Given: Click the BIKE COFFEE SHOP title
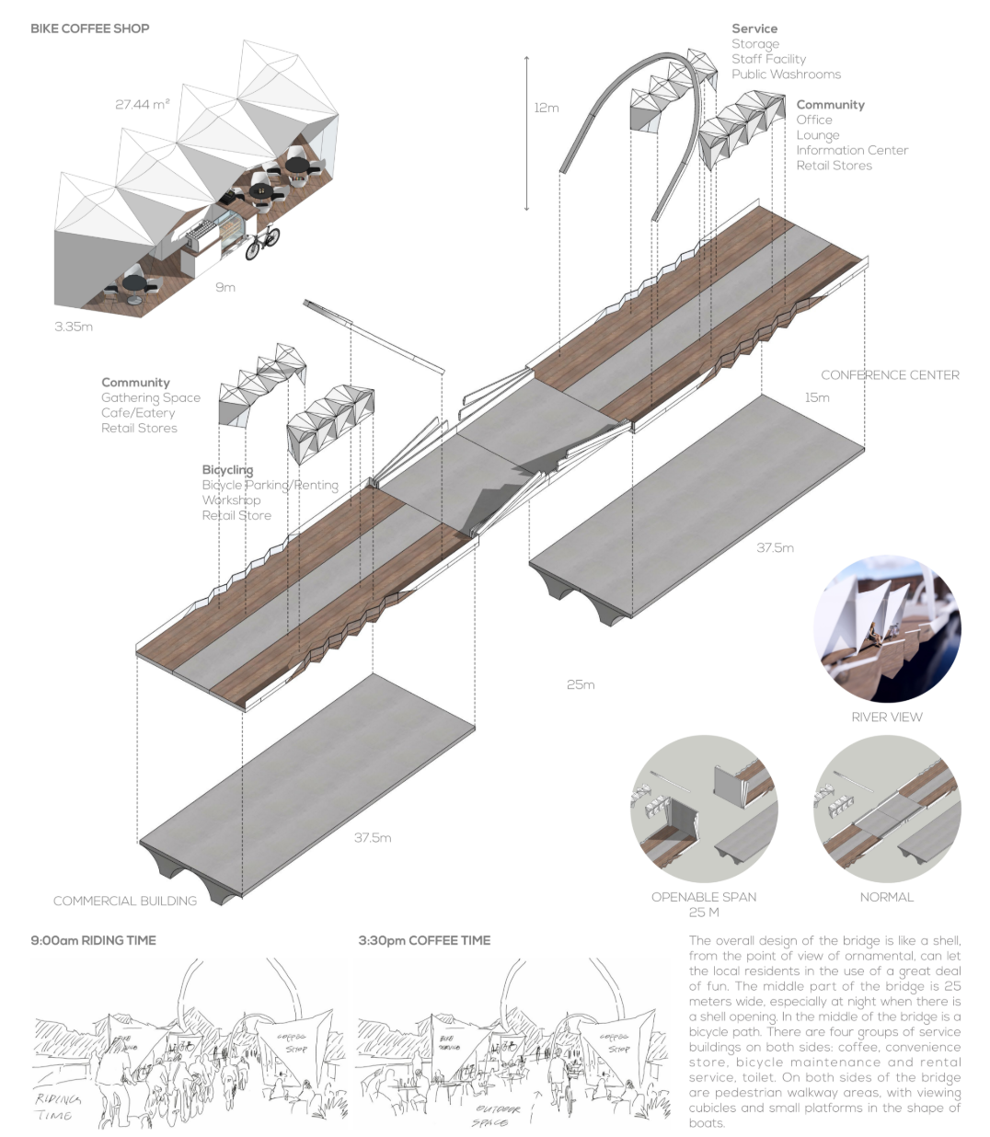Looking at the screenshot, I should click(x=89, y=28).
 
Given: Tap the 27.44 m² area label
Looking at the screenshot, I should click(x=142, y=105).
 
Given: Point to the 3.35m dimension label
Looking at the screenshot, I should click(x=73, y=327).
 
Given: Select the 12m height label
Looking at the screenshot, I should click(x=546, y=108).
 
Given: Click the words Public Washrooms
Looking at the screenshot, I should click(x=786, y=75).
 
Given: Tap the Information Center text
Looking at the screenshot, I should click(x=852, y=150).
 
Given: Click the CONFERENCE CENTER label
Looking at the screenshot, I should click(x=889, y=375).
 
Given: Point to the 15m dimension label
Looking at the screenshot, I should click(x=816, y=397).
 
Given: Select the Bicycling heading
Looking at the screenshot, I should click(x=227, y=470).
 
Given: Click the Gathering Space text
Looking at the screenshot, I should click(x=151, y=398).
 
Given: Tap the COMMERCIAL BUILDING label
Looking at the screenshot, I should click(x=125, y=901).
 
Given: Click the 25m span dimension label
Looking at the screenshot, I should click(x=581, y=684).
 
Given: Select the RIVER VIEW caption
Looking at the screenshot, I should click(x=886, y=717).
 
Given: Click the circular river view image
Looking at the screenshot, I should click(x=886, y=628).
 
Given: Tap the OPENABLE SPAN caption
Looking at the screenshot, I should click(x=704, y=897).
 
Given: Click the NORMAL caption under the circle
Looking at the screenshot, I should click(x=886, y=897).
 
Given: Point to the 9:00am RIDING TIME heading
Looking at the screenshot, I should click(x=93, y=940).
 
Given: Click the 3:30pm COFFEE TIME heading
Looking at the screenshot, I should click(x=424, y=940).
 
